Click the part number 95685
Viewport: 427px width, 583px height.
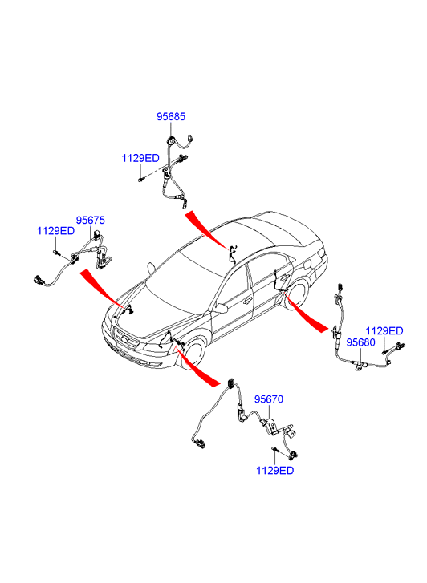170,117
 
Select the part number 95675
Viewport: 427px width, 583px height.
91,220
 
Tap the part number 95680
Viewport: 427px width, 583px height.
360,342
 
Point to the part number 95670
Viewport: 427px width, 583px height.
269,399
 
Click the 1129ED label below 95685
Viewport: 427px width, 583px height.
140,159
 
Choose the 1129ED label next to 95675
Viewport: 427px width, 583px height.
55,231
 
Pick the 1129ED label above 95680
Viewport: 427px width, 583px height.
384,331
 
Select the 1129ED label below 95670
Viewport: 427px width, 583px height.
274,471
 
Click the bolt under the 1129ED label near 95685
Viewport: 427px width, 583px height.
140,180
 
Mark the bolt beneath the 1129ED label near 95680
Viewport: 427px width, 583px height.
384,351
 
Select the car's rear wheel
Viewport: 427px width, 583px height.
298,294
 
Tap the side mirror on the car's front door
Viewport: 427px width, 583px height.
220,308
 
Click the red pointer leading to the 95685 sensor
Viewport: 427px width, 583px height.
205,229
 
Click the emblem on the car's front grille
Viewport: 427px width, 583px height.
124,340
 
